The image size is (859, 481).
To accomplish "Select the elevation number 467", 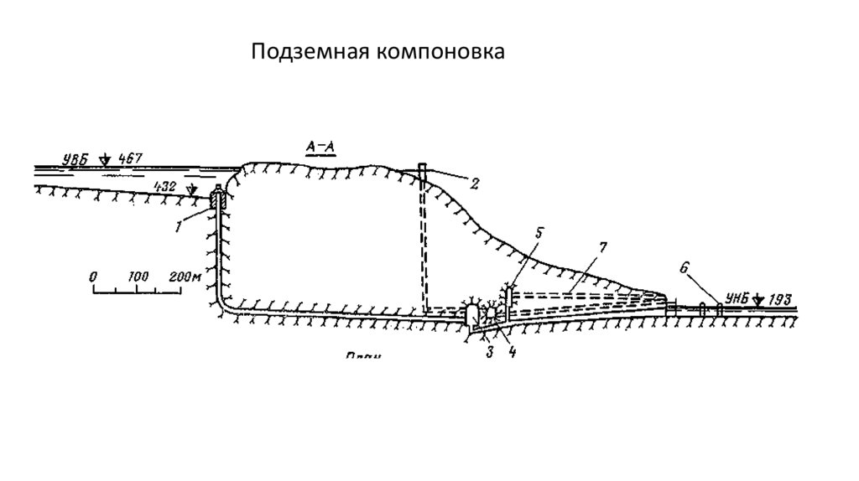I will click(133, 158).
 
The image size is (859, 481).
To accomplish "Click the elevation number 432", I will click(164, 188).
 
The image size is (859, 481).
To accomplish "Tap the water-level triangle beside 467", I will click(105, 158).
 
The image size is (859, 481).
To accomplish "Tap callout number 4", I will click(511, 352).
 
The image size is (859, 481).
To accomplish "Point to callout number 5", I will click(539, 231).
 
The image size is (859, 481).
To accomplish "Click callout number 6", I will click(684, 267).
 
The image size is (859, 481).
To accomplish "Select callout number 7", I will click(602, 249).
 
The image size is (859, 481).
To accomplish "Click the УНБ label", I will click(737, 298).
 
